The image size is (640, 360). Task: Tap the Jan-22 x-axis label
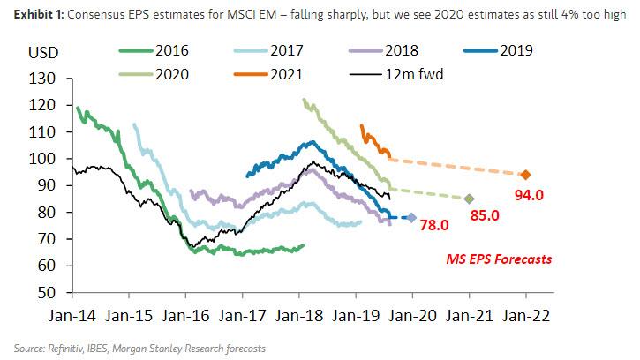[x=525, y=313]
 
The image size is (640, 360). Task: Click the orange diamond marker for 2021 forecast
[x=525, y=175]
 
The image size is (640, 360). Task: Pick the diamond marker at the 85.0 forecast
[x=470, y=199]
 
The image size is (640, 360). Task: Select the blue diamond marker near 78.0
[x=412, y=217]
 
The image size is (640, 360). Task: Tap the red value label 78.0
[x=435, y=225]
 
